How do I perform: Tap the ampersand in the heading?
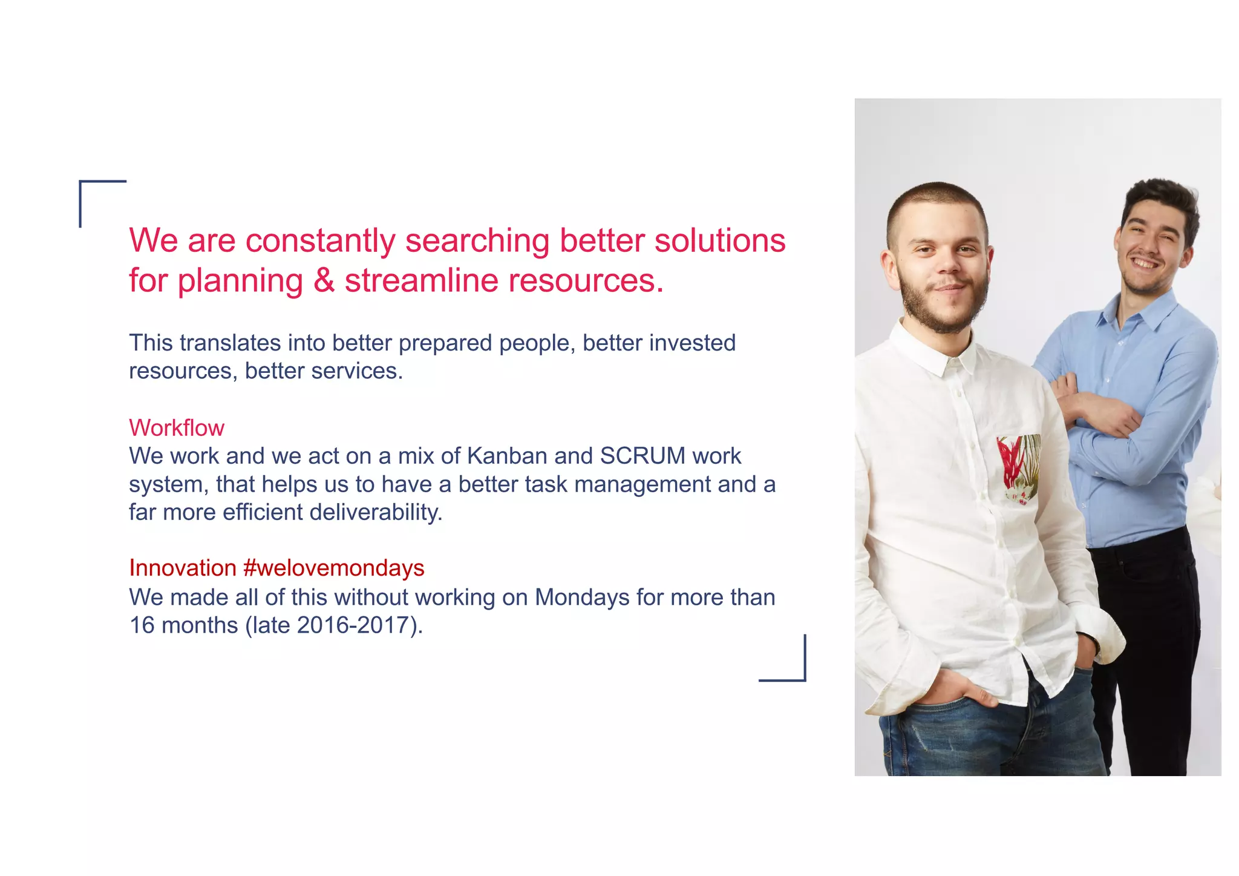coord(324,280)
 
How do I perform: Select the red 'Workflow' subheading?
coord(176,428)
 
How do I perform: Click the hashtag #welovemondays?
coord(333,568)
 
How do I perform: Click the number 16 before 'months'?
coord(142,625)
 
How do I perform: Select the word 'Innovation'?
coord(183,568)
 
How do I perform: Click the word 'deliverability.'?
coord(376,512)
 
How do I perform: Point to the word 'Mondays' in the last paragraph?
coord(583,598)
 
